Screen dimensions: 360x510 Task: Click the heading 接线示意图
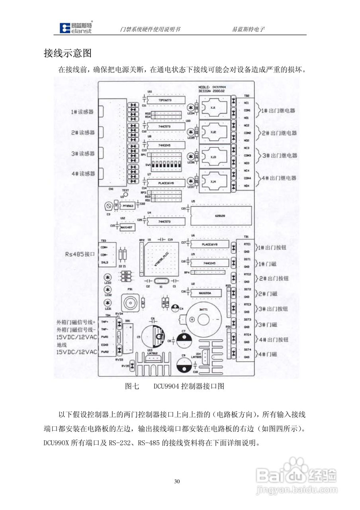(68, 53)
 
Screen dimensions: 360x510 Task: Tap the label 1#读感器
(82, 112)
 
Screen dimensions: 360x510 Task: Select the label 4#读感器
(83, 174)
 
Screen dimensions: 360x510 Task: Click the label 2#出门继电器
(279, 133)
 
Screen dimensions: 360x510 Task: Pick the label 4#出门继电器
(279, 178)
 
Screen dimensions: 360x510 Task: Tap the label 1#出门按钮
(273, 247)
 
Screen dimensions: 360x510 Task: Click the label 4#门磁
(268, 354)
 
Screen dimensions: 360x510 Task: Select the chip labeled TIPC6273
(165, 100)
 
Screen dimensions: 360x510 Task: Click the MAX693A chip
(203, 293)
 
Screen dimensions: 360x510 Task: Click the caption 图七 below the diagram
(132, 386)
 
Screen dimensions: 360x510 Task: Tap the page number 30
(178, 482)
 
